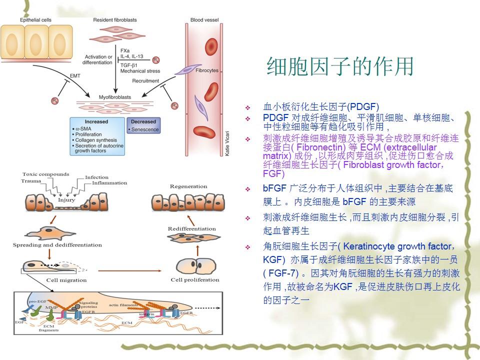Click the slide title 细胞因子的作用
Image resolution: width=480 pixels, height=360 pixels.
pyautogui.click(x=340, y=66)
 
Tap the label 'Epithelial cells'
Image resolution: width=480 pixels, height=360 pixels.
pyautogui.click(x=35, y=20)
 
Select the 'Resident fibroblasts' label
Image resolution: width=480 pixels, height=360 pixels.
pyautogui.click(x=115, y=20)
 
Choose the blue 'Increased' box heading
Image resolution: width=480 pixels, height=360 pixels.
pyautogui.click(x=96, y=121)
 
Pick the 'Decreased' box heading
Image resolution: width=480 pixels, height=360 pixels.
pyautogui.click(x=143, y=121)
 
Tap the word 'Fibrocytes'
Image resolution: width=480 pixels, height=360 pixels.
pyautogui.click(x=206, y=71)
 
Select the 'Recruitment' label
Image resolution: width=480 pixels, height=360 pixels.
pyautogui.click(x=146, y=80)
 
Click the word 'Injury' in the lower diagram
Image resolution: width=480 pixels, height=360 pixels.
pyautogui.click(x=66, y=200)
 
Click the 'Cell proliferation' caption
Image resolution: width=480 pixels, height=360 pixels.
pyautogui.click(x=195, y=279)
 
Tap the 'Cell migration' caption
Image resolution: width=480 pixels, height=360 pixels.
pyautogui.click(x=66, y=279)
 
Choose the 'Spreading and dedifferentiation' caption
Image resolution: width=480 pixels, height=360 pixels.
pyautogui.click(x=57, y=245)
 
